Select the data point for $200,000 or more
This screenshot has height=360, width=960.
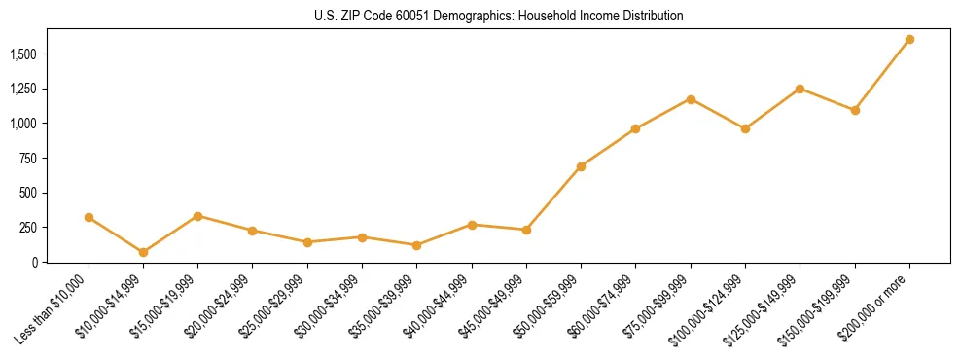(909, 40)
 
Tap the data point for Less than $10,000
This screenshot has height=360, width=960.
(89, 217)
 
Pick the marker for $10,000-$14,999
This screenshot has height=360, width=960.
(143, 252)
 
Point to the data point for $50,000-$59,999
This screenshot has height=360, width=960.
(581, 166)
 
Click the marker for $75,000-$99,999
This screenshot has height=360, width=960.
(691, 99)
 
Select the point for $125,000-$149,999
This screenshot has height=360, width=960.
(800, 89)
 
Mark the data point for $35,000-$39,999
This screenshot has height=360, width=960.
(417, 245)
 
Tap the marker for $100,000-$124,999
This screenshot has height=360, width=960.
(745, 128)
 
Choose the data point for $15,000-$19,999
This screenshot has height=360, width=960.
(198, 216)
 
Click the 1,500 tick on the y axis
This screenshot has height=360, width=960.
(22, 54)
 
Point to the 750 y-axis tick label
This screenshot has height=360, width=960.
(28, 159)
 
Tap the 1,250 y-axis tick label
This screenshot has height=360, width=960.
(22, 90)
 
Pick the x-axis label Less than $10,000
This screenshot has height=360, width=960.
(54, 308)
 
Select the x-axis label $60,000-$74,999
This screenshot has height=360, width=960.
(603, 307)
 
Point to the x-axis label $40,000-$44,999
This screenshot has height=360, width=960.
(439, 307)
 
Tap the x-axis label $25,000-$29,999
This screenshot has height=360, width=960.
(274, 307)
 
